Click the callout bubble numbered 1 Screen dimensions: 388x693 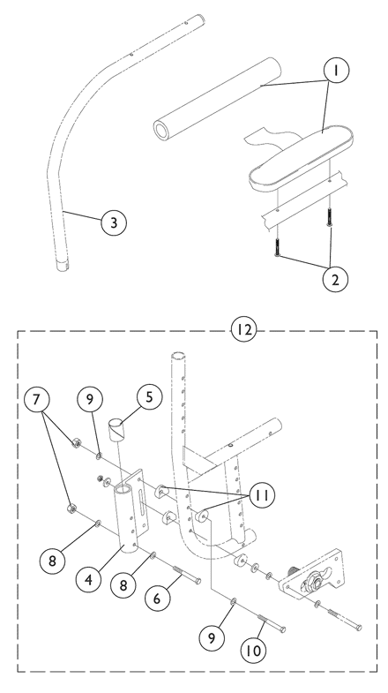click(x=336, y=70)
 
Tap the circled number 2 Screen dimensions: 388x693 click(x=335, y=280)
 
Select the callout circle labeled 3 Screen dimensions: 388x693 click(x=114, y=222)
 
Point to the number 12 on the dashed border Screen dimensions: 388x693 click(x=243, y=329)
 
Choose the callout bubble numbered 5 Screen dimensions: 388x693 click(x=149, y=397)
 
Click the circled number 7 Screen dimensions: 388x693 click(x=36, y=399)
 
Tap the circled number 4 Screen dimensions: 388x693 click(x=89, y=579)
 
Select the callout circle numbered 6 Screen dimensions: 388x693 click(x=158, y=599)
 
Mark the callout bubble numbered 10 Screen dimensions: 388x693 click(x=254, y=650)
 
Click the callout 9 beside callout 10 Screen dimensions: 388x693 click(x=212, y=637)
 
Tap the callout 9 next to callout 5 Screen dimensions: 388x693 click(x=90, y=399)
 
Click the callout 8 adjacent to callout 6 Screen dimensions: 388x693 click(x=123, y=585)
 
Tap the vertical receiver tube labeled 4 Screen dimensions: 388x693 click(x=125, y=518)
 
